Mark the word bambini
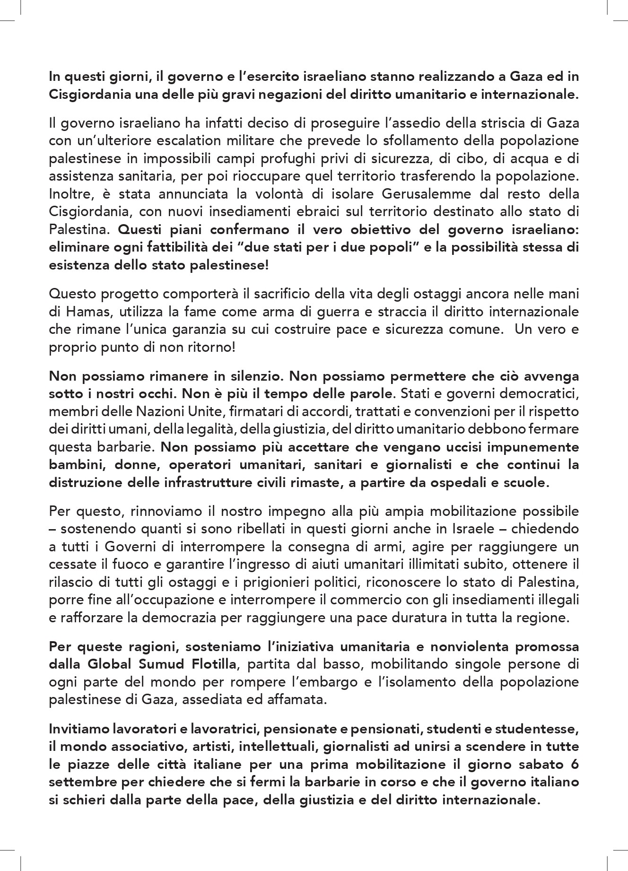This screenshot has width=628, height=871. pyautogui.click(x=74, y=464)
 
